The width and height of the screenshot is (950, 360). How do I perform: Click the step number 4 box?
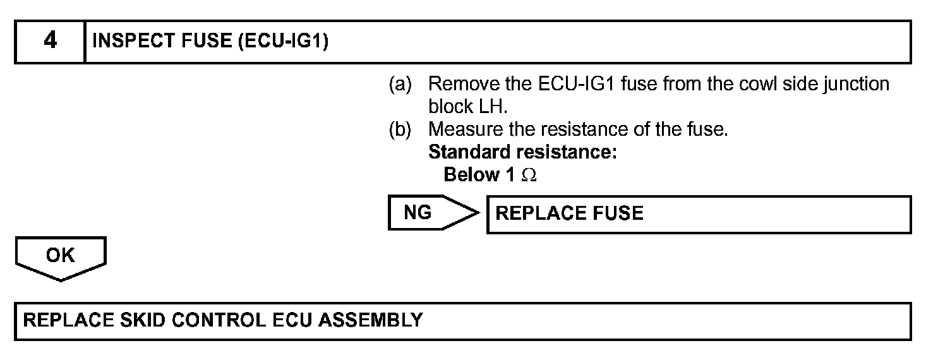tap(50, 42)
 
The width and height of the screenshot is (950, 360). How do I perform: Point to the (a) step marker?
tap(399, 84)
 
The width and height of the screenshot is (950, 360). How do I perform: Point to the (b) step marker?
tap(399, 129)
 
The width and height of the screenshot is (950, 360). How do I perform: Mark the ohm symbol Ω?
tap(529, 176)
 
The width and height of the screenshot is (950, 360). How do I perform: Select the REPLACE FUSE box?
tap(699, 214)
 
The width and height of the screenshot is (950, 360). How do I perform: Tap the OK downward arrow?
tap(61, 257)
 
